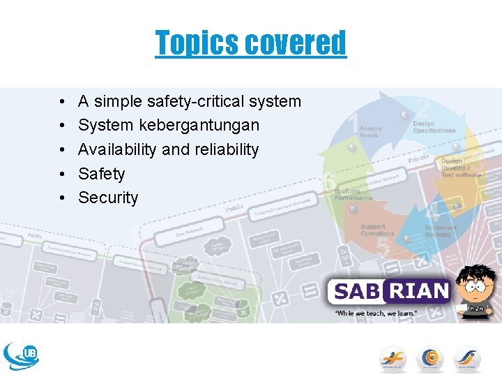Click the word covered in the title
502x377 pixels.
click(x=296, y=43)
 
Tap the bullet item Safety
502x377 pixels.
click(x=101, y=174)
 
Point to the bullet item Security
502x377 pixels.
click(x=108, y=198)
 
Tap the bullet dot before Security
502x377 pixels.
click(x=62, y=198)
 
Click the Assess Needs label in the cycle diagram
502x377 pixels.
click(x=370, y=131)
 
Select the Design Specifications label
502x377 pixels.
click(x=434, y=127)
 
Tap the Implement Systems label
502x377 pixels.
click(x=441, y=231)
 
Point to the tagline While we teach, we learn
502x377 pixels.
click(x=376, y=314)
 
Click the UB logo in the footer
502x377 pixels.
click(x=21, y=355)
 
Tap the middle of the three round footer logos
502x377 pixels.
click(x=430, y=359)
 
